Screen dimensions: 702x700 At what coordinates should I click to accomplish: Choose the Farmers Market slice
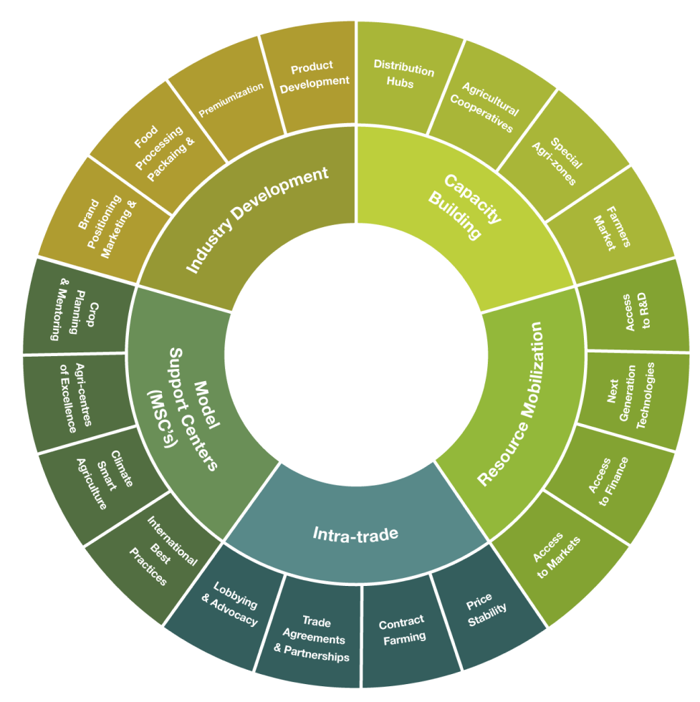coord(610,229)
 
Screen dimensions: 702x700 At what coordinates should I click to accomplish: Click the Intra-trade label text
coord(355,534)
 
